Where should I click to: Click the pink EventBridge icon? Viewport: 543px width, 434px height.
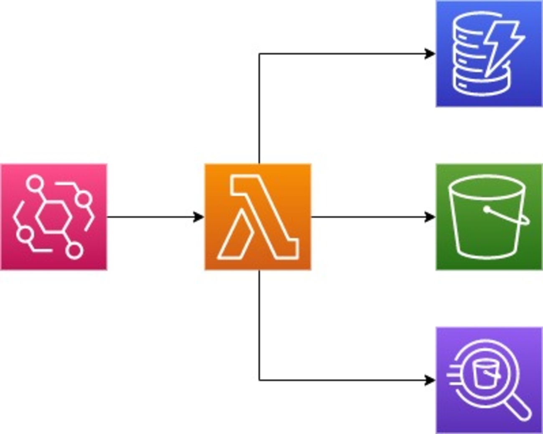[x=53, y=217]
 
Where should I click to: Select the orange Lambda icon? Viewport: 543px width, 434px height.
[x=257, y=217]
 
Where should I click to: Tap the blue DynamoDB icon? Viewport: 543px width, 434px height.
[x=489, y=54]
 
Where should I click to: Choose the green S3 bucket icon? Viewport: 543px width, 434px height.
[x=489, y=217]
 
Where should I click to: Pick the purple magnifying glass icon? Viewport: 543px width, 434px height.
[x=489, y=380]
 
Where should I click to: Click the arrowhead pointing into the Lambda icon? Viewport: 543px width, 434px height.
[x=199, y=217]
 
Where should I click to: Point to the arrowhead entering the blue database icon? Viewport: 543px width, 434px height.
[x=430, y=54]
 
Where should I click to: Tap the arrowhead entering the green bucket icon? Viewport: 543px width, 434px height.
[x=430, y=217]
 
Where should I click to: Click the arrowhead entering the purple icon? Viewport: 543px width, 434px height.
[x=430, y=380]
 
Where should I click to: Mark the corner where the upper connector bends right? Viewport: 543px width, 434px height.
[x=259, y=54]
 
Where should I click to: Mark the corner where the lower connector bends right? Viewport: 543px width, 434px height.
[x=259, y=380]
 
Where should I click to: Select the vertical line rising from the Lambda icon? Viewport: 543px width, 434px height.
[x=259, y=109]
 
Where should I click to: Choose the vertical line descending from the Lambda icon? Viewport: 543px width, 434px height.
[x=259, y=326]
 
